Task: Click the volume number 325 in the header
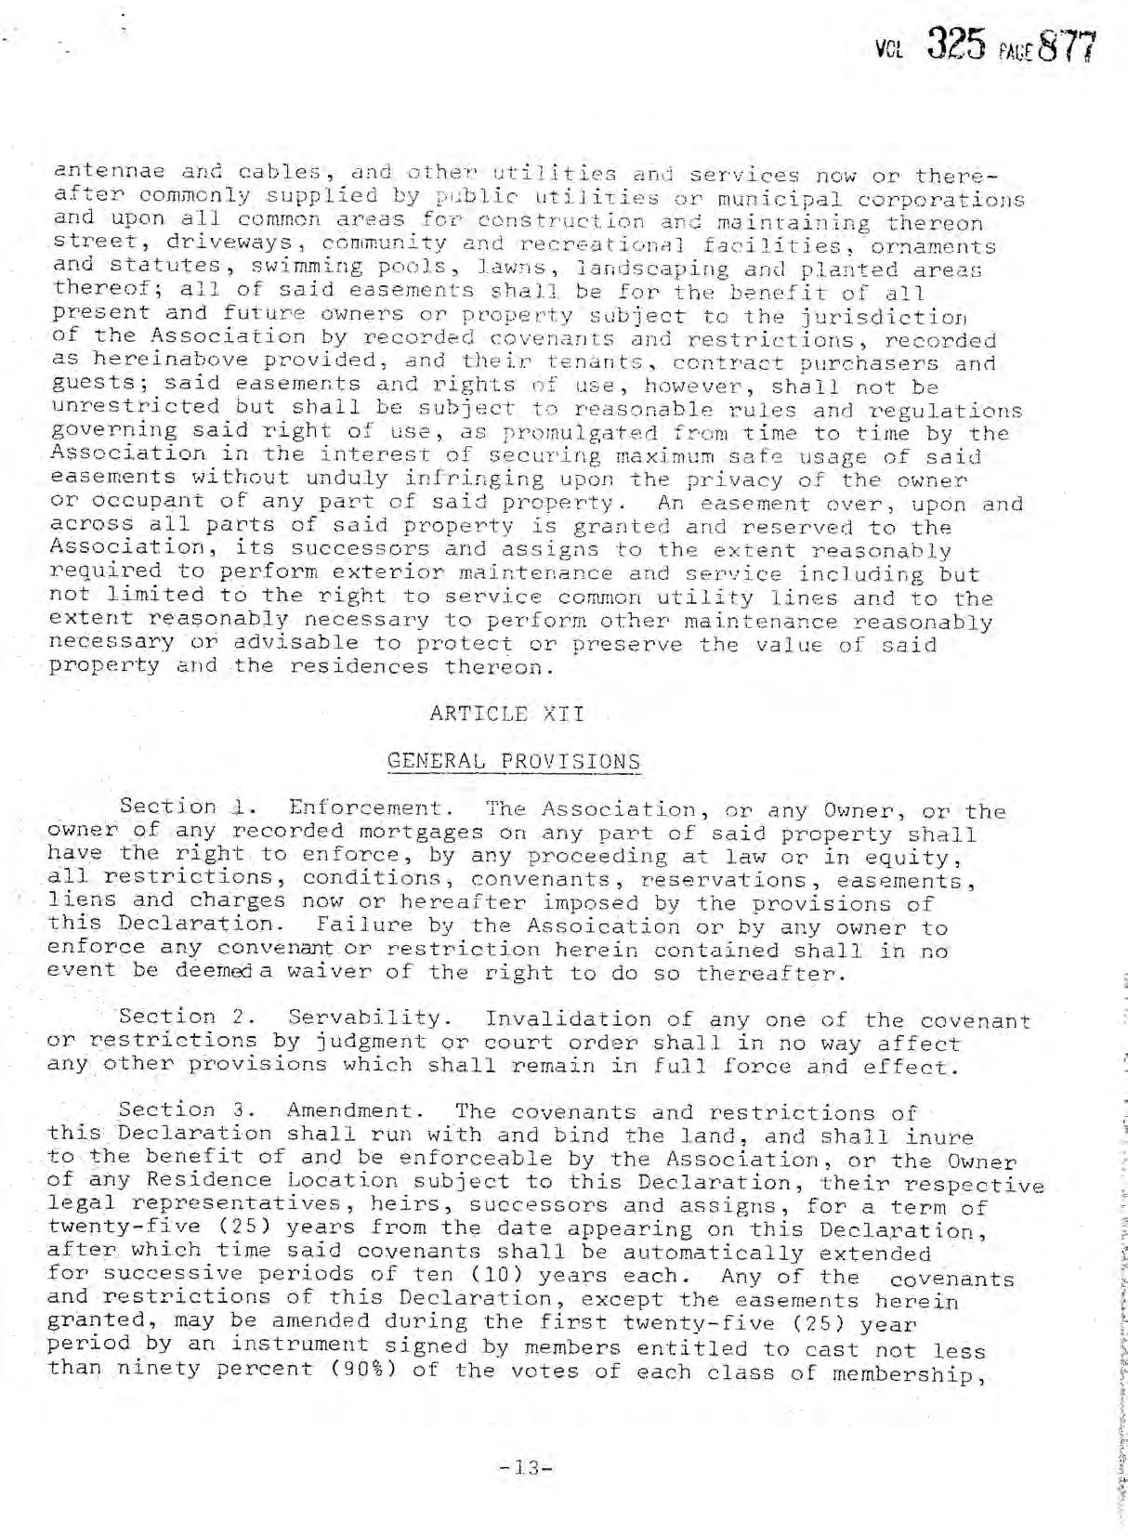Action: pos(958,46)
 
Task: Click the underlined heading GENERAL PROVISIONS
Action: pos(513,761)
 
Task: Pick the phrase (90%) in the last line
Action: pos(348,1371)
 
